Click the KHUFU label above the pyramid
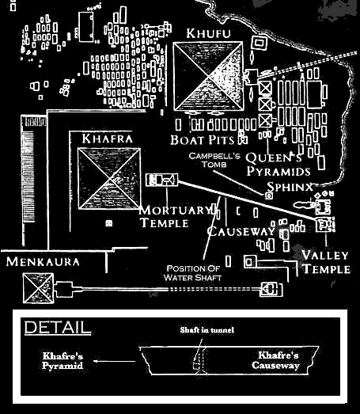[208, 33]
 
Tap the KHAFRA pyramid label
[107, 139]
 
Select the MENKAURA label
[43, 262]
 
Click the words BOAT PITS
[203, 140]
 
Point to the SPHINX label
[290, 187]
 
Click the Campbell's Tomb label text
[214, 160]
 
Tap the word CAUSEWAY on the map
[241, 231]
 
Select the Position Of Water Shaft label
[192, 273]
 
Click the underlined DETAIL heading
[58, 328]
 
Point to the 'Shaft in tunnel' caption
[207, 330]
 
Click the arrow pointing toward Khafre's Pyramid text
[115, 361]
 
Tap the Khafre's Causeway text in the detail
[276, 360]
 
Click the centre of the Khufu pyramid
[208, 76]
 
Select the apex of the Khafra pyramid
[109, 179]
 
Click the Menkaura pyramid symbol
[39, 288]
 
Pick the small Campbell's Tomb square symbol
[269, 196]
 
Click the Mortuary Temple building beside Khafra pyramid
[161, 180]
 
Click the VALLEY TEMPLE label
[326, 262]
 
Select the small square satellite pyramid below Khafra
[108, 223]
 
